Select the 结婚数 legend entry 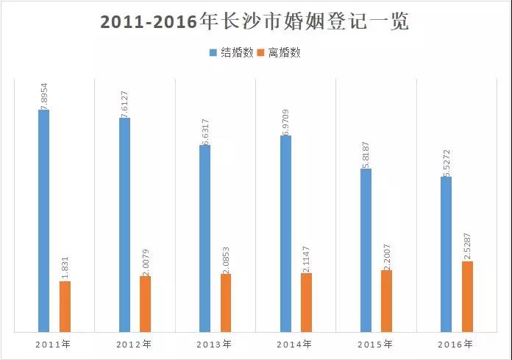click(x=232, y=53)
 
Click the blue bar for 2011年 click(x=44, y=221)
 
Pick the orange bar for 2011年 click(x=65, y=306)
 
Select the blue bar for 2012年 click(x=124, y=225)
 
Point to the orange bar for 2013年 click(x=226, y=303)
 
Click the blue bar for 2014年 click(x=285, y=233)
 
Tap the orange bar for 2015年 click(x=386, y=301)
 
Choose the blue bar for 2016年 click(x=446, y=254)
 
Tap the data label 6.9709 click(x=285, y=119)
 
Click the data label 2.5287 click(x=467, y=245)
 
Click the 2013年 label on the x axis click(x=215, y=344)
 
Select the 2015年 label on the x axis click(x=375, y=344)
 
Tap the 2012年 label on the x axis click(x=135, y=344)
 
